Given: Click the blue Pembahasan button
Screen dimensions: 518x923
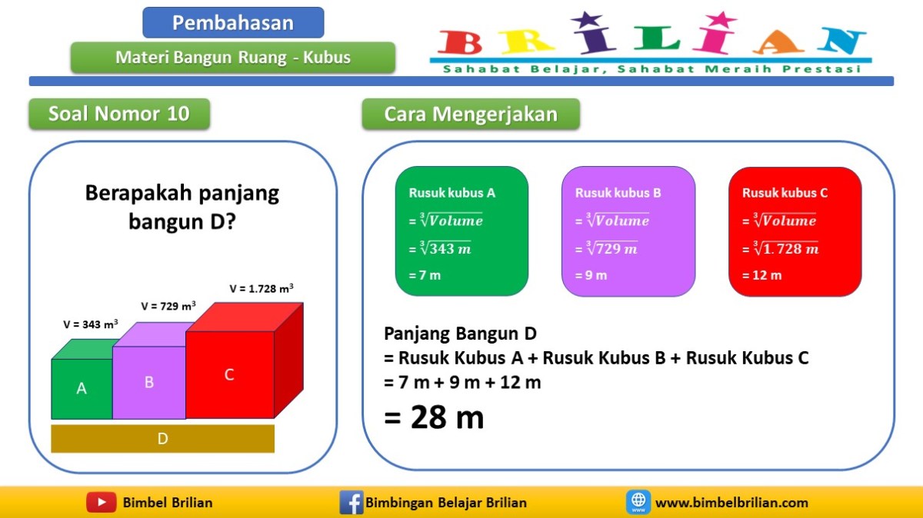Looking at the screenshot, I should click(x=233, y=23).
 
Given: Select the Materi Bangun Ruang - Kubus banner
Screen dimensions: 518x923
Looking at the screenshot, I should click(x=233, y=58).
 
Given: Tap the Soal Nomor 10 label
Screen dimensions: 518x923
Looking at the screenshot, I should click(x=118, y=115).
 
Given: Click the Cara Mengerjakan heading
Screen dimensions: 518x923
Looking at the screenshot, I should click(x=470, y=115).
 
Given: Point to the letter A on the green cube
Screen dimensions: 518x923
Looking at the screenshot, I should click(x=82, y=389).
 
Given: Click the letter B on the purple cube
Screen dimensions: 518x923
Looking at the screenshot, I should click(x=149, y=382).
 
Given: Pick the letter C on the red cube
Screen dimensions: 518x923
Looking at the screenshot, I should click(x=229, y=375).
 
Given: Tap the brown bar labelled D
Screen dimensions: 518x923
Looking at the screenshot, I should click(x=162, y=439).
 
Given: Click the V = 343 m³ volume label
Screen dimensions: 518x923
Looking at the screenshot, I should click(x=91, y=324).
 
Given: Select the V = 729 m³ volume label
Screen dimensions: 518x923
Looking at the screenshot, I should click(x=168, y=306).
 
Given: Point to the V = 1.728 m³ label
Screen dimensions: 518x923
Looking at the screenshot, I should click(x=262, y=289).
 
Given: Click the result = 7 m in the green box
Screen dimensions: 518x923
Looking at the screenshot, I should click(x=425, y=275).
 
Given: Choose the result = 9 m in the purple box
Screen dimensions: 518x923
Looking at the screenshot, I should click(x=591, y=275).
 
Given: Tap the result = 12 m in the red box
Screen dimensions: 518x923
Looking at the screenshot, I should click(x=761, y=275).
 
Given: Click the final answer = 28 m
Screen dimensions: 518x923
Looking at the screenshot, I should click(x=434, y=417).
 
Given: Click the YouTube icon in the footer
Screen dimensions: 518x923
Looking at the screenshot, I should click(x=101, y=503).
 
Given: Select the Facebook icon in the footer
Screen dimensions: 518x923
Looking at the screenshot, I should click(x=351, y=503).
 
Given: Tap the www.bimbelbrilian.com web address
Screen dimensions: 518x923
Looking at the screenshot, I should click(x=731, y=503).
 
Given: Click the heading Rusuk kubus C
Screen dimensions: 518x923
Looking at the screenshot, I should click(x=785, y=193).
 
